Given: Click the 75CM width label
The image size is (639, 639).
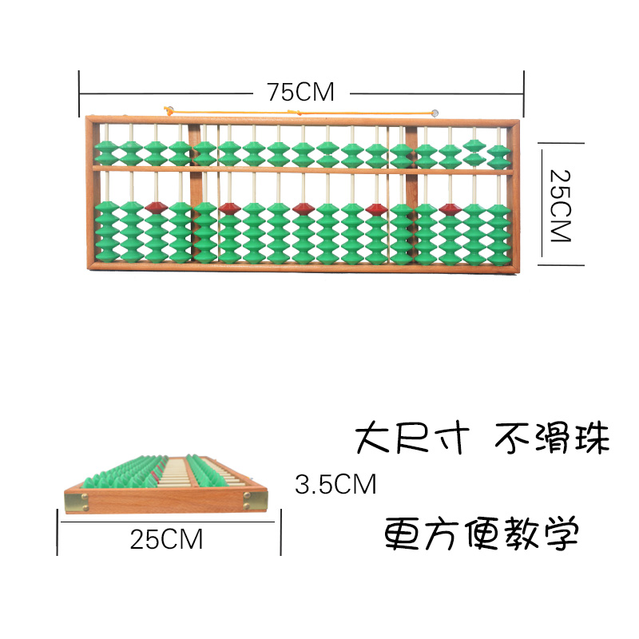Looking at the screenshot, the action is pyautogui.click(x=300, y=92).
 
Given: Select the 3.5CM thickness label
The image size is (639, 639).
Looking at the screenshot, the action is pyautogui.click(x=335, y=485).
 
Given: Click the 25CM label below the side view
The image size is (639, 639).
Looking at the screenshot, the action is pyautogui.click(x=167, y=539).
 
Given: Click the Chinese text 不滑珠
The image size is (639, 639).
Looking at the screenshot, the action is pyautogui.click(x=552, y=439).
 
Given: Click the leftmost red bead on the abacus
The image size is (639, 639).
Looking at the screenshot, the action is pyautogui.click(x=156, y=207).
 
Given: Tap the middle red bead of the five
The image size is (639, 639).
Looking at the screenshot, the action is pyautogui.click(x=303, y=208).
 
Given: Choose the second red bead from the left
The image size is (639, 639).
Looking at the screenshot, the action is pyautogui.click(x=229, y=208).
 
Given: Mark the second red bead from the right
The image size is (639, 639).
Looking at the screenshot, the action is pyautogui.click(x=376, y=209).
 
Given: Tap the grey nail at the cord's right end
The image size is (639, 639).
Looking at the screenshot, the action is pyautogui.click(x=435, y=113).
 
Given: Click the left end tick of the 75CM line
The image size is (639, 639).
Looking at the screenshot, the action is pyautogui.click(x=80, y=93).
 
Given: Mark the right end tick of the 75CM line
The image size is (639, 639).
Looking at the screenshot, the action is pyautogui.click(x=525, y=93).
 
